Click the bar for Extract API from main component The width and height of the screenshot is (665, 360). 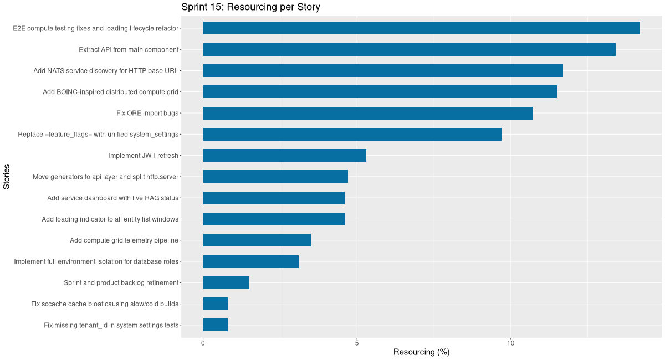(x=409, y=49)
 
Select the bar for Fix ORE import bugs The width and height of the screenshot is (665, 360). (x=367, y=113)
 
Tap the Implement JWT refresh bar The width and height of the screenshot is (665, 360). (x=284, y=156)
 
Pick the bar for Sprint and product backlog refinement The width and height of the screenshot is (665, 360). (x=226, y=282)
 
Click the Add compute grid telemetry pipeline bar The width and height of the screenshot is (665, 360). (x=257, y=240)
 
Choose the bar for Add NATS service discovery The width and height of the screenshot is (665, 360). (x=383, y=70)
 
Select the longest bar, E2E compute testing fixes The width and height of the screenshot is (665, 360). (x=421, y=28)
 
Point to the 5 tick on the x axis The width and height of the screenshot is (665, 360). (x=357, y=343)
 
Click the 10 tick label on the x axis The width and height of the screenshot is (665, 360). (x=510, y=343)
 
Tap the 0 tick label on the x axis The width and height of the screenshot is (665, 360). (x=203, y=343)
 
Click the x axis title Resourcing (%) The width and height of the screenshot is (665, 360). (x=421, y=352)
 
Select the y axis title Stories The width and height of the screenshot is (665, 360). (x=7, y=177)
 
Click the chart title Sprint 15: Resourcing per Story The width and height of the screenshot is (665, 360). (x=250, y=7)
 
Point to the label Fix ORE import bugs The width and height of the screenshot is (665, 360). (x=147, y=113)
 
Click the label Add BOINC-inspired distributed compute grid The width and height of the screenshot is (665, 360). (x=110, y=92)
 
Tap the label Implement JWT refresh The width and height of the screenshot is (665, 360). (x=144, y=156)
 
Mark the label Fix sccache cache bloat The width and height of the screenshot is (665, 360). (x=105, y=304)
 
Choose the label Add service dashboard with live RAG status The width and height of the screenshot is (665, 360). (x=112, y=198)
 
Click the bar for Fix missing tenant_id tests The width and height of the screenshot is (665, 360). (x=216, y=325)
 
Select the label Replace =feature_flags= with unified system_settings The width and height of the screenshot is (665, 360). (x=98, y=135)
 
